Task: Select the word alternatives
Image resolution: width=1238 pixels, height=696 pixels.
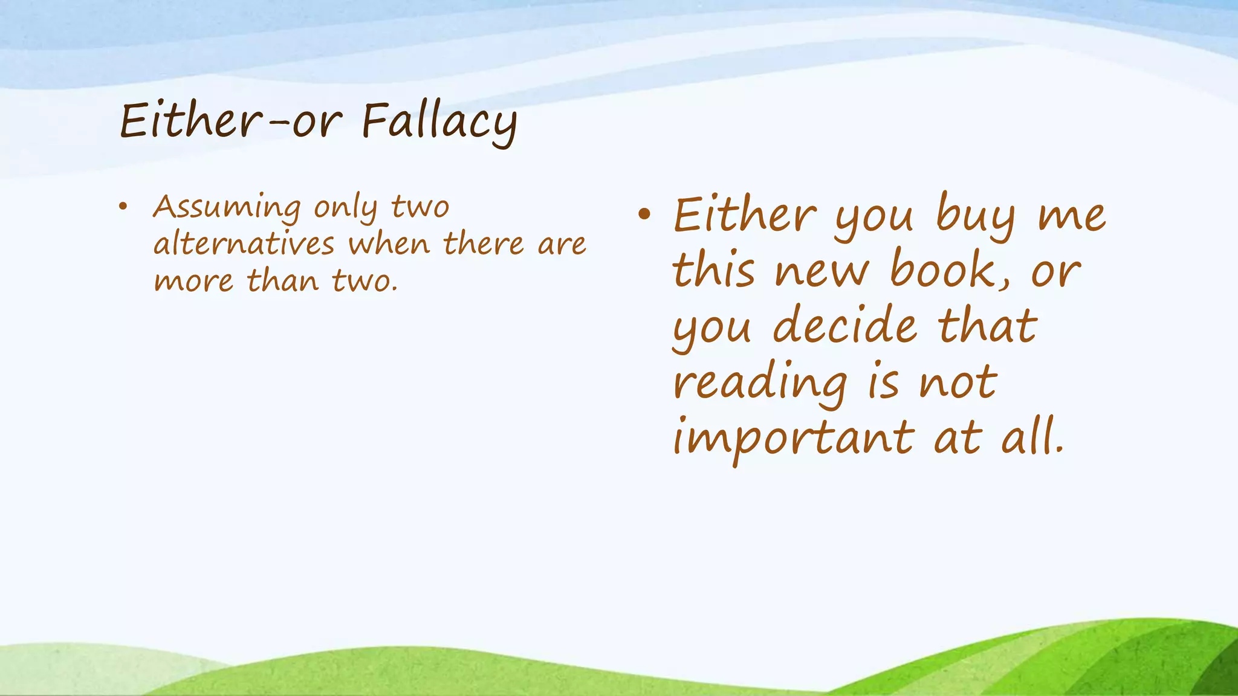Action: tap(244, 244)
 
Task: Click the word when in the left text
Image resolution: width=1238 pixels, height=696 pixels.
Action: tap(389, 244)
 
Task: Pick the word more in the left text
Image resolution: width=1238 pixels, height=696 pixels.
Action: tap(193, 282)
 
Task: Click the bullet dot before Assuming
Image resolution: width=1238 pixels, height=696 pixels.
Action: tap(123, 207)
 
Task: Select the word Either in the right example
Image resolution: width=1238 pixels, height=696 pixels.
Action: tap(745, 214)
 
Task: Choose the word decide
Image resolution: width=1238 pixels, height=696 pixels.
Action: tap(845, 326)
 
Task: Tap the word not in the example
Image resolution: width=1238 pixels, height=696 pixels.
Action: tap(958, 383)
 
